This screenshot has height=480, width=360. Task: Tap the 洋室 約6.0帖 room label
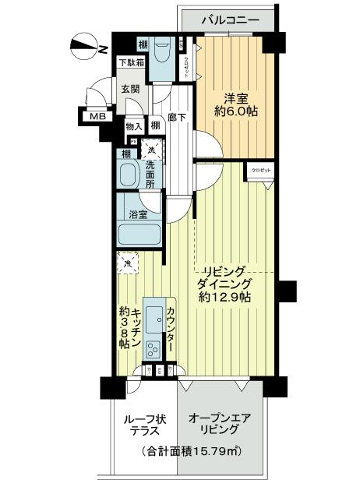236,104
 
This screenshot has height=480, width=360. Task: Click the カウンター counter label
171,331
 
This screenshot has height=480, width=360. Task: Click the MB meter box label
94,118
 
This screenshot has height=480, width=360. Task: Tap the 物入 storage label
133,125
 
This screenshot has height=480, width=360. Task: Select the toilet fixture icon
160,52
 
